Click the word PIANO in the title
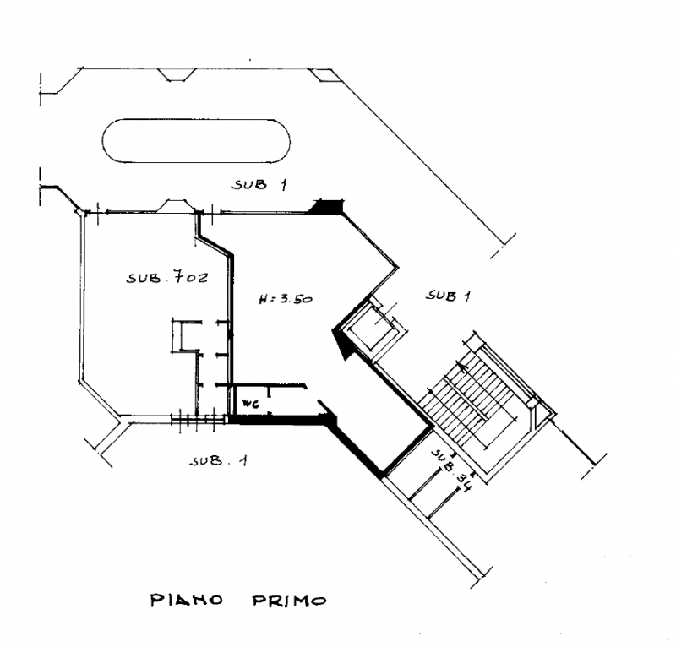point(186,600)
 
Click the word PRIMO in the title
point(289,601)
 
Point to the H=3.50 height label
point(286,298)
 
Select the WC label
point(250,404)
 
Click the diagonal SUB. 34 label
point(452,471)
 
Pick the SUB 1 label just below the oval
point(259,185)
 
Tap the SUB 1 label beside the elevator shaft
point(449,296)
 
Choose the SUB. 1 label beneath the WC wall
point(219,461)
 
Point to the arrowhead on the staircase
point(463,367)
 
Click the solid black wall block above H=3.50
point(328,206)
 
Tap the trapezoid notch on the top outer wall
point(176,74)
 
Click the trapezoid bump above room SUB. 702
point(175,205)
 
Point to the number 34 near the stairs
point(465,485)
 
